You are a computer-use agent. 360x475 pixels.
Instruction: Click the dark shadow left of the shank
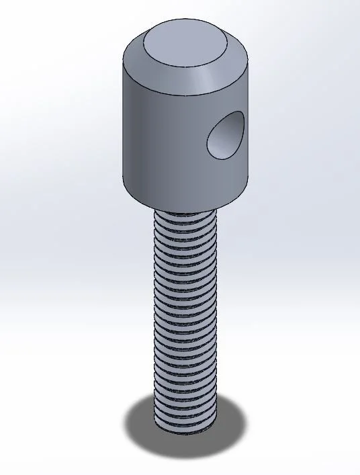[x=139, y=423]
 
